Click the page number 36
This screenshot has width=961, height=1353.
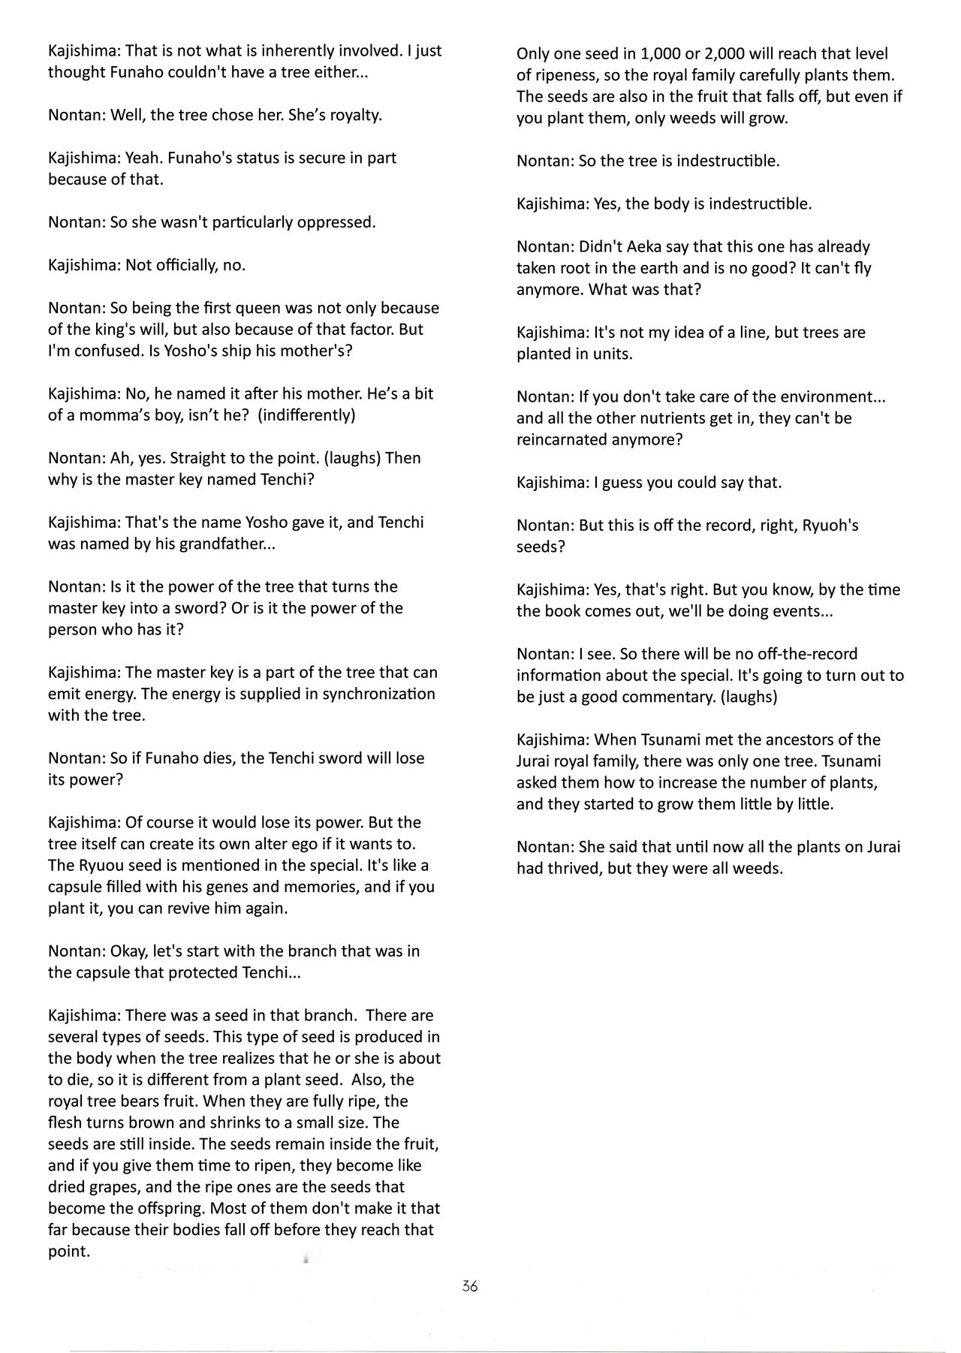tap(470, 1285)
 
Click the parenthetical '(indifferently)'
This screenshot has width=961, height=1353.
tap(306, 415)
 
